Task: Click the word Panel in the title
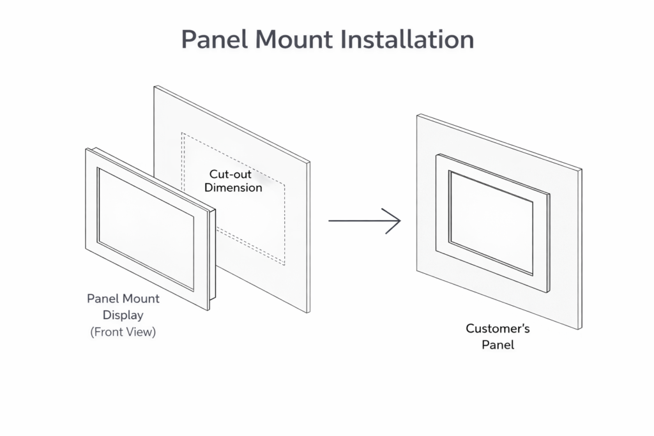pos(215,39)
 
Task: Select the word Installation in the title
pos(407,39)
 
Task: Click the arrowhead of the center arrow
pos(396,221)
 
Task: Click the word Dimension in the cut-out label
pos(233,188)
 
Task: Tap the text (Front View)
pos(123,331)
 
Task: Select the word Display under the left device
pos(123,315)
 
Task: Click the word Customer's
pos(498,329)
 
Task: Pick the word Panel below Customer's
pos(498,345)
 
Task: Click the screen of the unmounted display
pos(146,227)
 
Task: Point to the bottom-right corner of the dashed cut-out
pos(284,264)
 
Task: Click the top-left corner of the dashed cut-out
pos(182,133)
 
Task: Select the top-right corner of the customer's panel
pos(581,170)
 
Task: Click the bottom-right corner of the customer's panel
pos(580,329)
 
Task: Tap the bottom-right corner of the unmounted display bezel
pos(208,310)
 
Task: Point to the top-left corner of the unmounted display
pos(86,149)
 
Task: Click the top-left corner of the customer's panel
pos(418,115)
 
